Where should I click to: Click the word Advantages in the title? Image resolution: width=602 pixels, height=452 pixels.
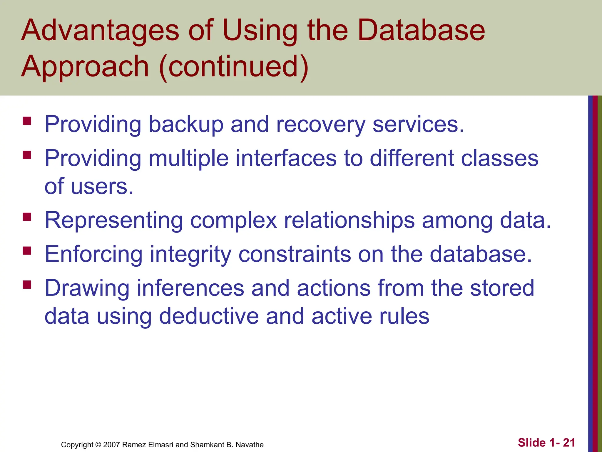100,30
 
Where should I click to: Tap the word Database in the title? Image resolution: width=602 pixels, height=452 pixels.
421,30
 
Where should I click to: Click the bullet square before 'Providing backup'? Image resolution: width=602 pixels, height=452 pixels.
27,121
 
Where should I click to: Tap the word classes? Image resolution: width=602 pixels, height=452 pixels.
499,158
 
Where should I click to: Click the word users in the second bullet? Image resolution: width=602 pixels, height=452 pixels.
102,187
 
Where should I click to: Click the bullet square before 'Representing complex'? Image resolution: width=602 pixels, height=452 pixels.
27,217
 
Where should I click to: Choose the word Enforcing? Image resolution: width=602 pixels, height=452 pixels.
93,254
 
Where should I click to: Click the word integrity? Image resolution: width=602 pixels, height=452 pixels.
190,255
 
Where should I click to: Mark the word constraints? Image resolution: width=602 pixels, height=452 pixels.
295,254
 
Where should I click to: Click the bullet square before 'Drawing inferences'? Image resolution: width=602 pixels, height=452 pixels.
27,285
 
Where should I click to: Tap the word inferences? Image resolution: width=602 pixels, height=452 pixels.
190,288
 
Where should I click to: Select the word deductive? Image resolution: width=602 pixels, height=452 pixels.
209,316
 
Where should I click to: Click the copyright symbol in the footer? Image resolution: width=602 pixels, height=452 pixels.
98,445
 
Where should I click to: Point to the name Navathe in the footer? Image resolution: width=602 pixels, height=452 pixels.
250,445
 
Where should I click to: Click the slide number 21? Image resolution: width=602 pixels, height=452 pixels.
569,443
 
